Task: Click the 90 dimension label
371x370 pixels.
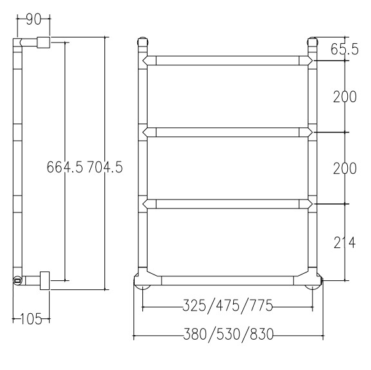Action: (33, 19)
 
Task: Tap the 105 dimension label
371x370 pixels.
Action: (31, 319)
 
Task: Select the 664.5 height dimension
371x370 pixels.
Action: (65, 167)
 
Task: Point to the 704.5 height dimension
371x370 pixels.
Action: (105, 167)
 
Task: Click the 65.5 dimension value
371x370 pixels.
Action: (345, 49)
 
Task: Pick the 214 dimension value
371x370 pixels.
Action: (345, 242)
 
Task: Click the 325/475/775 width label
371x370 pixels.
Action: (228, 305)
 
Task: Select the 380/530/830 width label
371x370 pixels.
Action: (228, 334)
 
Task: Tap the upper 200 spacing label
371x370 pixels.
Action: (345, 96)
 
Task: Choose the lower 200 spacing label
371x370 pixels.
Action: (345, 168)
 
